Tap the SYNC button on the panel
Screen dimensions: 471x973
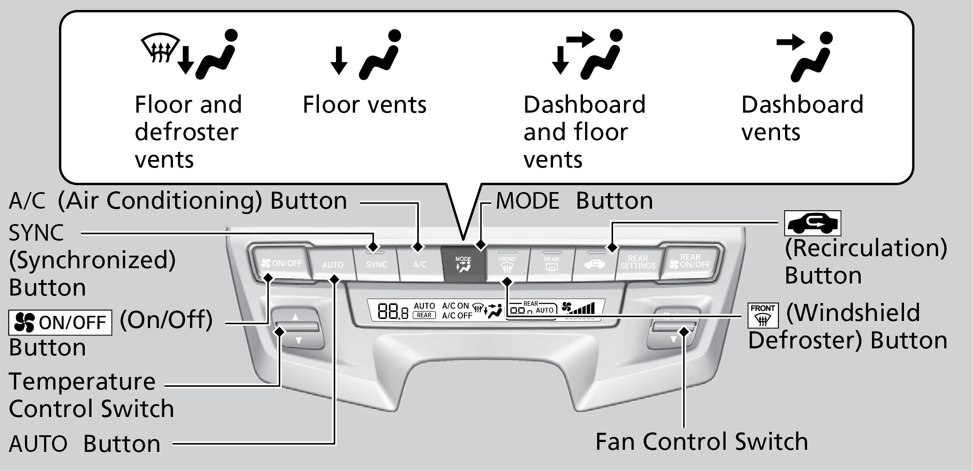[x=376, y=264]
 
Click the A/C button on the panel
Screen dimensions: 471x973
[x=420, y=264]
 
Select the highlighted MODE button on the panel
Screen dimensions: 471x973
[x=463, y=264]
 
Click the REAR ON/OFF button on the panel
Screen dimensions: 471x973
[x=690, y=261]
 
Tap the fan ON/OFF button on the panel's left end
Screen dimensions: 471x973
[x=282, y=263]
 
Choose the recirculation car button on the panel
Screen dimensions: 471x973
[x=594, y=264]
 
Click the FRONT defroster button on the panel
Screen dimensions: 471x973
[x=507, y=264]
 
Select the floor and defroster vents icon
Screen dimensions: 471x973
[x=189, y=54]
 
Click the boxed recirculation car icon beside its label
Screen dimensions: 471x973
[x=812, y=224]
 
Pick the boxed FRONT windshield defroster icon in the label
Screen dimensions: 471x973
[x=763, y=315]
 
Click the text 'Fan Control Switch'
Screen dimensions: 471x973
[x=701, y=441]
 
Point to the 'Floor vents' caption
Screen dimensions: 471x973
[x=364, y=104]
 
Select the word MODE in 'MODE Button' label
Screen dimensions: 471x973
[x=528, y=201]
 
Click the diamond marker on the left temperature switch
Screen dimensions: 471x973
[x=280, y=332]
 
